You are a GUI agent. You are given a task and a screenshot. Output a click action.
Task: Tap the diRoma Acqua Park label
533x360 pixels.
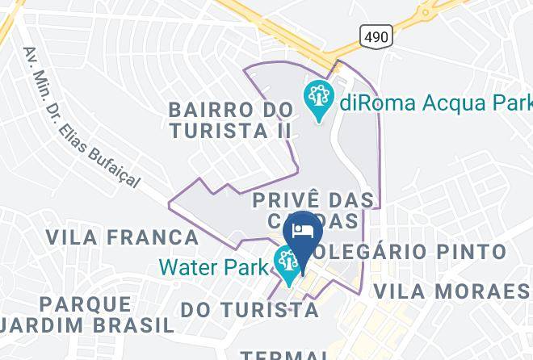coord(435,103)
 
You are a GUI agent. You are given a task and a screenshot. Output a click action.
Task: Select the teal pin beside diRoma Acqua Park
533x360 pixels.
coord(319,99)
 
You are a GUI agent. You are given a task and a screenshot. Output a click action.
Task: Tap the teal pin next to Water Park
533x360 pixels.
coord(287,263)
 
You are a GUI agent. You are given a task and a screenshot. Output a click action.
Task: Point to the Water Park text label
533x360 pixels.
coord(214,266)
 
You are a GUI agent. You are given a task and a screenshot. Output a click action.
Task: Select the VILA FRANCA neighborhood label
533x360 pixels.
coord(122,237)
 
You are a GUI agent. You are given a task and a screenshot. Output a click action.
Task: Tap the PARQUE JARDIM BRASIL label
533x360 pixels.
coord(86,315)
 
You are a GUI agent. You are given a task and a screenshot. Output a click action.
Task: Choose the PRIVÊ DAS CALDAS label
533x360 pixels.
coord(313,210)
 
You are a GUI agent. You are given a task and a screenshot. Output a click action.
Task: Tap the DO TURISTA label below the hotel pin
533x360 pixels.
coord(249,309)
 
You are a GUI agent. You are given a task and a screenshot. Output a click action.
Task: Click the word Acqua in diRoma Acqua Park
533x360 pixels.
coord(440,103)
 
